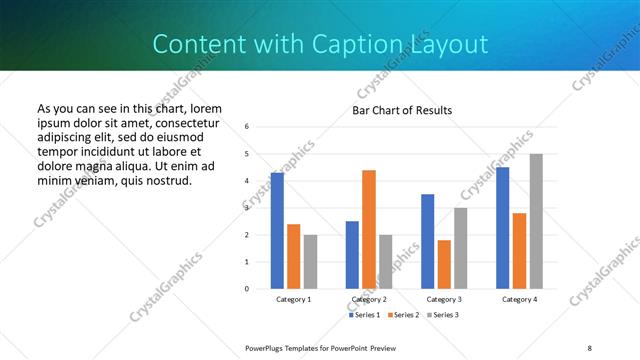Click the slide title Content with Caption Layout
point(320,44)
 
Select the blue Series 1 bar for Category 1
point(277,231)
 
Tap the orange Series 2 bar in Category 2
point(369,229)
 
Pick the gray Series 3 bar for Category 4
point(536,221)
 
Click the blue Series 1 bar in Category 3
point(428,241)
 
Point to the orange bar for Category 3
point(444,264)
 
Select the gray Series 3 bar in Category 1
point(310,262)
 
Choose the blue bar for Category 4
point(503,228)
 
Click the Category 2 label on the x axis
point(369,299)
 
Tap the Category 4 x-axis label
point(519,299)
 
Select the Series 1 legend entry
point(363,315)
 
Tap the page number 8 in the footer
point(589,347)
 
